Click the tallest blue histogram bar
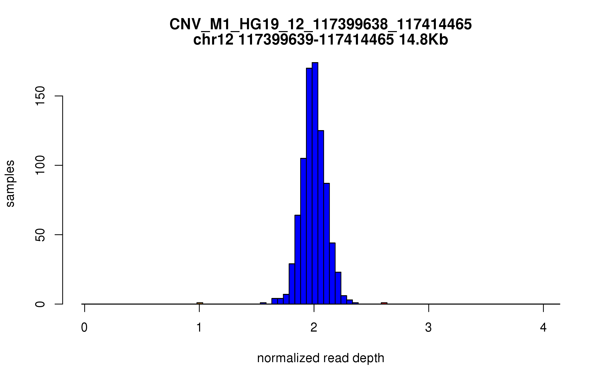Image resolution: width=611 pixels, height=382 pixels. coord(315,183)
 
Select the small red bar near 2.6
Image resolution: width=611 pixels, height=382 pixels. coord(384,303)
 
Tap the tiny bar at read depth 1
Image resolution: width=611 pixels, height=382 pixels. coord(200,303)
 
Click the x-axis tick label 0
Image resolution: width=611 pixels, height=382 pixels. coord(84,328)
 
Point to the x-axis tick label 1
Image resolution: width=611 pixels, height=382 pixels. coord(199,328)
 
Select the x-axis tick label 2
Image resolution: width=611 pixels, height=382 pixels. coord(314,328)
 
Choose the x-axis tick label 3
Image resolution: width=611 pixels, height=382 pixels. coord(429,328)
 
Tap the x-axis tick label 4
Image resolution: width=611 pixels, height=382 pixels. coord(543,328)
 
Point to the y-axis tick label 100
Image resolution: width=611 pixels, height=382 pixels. coord(40,165)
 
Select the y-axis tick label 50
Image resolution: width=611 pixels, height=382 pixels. coord(40,235)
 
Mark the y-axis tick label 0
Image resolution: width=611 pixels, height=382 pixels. coord(40,304)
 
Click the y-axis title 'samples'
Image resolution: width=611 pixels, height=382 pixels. coord(10,183)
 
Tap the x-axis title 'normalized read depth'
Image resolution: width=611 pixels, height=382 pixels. coord(321,358)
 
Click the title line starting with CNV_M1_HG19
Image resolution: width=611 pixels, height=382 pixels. coord(321,25)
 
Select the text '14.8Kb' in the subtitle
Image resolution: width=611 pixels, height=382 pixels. coord(423,40)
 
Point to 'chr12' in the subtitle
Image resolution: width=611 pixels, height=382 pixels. coord(213,40)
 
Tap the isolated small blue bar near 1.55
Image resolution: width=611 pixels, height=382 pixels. coord(263,303)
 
